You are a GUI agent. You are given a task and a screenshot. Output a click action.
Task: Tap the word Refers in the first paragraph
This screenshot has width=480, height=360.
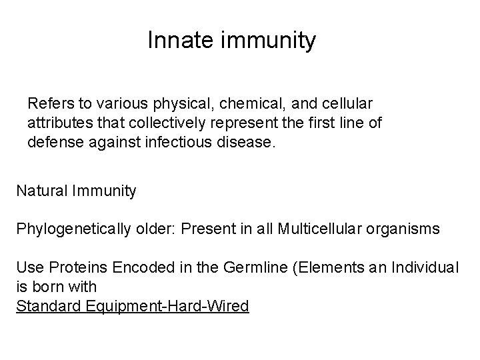[x=48, y=104]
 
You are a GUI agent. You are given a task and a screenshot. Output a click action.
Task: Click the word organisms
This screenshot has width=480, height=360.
[x=407, y=229]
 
